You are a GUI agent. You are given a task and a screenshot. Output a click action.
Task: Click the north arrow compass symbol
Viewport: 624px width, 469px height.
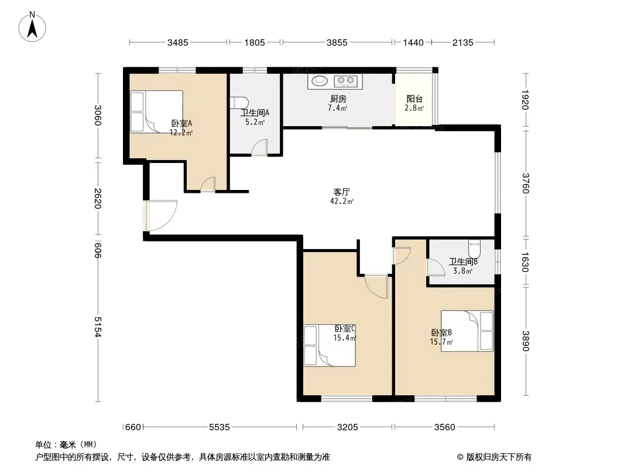(x=32, y=27)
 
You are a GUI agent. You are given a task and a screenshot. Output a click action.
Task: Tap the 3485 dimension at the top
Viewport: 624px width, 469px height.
(x=177, y=42)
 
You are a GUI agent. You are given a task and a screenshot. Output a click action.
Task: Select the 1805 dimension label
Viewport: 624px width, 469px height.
(x=255, y=42)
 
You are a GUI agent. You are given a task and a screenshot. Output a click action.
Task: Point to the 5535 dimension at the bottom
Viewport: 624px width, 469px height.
(x=220, y=427)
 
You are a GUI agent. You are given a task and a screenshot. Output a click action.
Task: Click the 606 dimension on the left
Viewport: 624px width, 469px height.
(x=98, y=250)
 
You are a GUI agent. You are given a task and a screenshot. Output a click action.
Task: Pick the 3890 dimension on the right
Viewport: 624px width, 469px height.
(x=526, y=341)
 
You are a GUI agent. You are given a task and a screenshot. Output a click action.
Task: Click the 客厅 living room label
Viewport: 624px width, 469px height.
(x=341, y=192)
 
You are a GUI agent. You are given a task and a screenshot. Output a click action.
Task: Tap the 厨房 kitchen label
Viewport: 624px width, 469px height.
(x=338, y=98)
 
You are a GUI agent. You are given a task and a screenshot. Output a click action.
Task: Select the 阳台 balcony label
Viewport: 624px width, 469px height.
(x=414, y=99)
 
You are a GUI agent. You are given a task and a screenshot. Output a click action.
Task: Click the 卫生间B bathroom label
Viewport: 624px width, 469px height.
(x=463, y=262)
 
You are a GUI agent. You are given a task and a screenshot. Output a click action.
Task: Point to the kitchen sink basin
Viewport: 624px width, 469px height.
(x=319, y=80)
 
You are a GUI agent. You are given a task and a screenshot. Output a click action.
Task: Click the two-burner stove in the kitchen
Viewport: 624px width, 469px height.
(x=346, y=81)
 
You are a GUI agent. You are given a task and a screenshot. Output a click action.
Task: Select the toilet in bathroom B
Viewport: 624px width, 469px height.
(x=474, y=249)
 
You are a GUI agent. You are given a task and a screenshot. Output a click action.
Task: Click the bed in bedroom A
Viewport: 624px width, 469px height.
(x=157, y=111)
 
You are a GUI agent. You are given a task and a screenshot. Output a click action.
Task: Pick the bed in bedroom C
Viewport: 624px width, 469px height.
(x=330, y=345)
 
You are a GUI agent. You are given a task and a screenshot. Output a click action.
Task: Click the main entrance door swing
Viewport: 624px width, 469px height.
(x=162, y=216)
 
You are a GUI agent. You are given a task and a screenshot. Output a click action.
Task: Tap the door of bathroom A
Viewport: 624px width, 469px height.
(x=259, y=147)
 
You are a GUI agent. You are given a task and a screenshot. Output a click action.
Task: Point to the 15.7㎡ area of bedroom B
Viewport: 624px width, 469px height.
(x=441, y=342)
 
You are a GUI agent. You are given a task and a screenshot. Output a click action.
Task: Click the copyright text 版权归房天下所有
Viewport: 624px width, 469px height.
(x=498, y=457)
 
